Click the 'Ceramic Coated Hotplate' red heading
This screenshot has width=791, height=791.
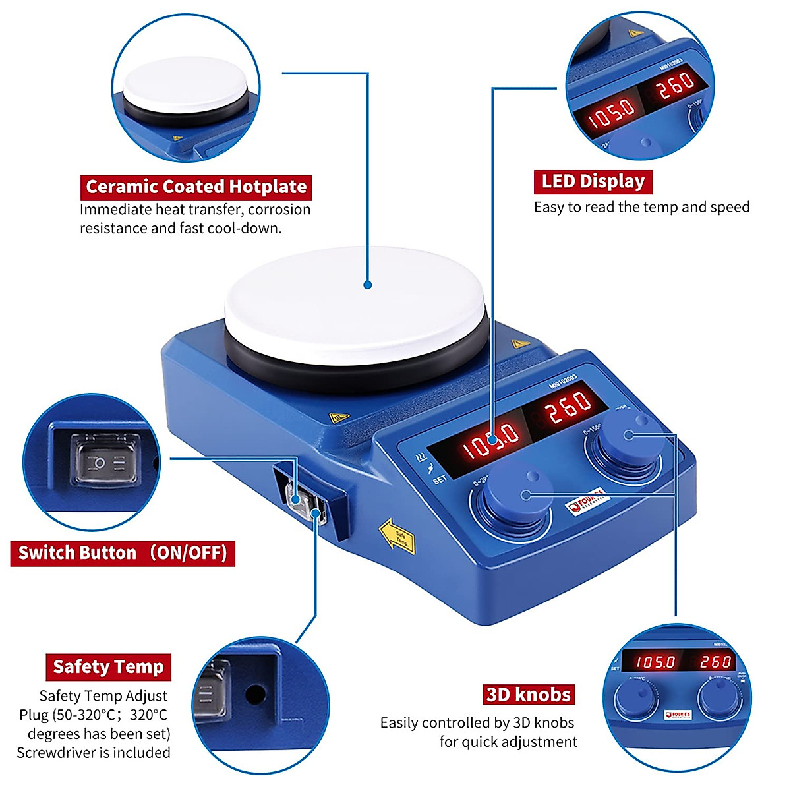tap(196, 187)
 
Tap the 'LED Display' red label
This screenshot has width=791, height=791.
tap(593, 181)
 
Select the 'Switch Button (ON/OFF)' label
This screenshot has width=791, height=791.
tap(123, 552)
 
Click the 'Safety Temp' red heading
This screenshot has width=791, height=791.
tap(108, 667)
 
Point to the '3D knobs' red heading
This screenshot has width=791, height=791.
tap(528, 695)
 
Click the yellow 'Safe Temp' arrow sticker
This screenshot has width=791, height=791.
tap(396, 535)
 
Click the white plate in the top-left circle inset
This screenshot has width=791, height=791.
tap(185, 83)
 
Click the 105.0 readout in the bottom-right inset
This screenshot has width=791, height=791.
tap(655, 661)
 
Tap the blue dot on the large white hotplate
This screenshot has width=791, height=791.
tap(368, 285)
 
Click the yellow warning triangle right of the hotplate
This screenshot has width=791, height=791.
tap(517, 343)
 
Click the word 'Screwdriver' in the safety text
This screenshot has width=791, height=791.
tap(58, 753)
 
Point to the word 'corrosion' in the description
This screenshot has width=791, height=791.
tap(279, 210)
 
